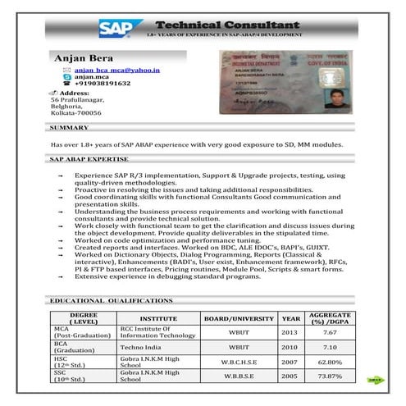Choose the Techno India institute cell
[144, 347]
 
